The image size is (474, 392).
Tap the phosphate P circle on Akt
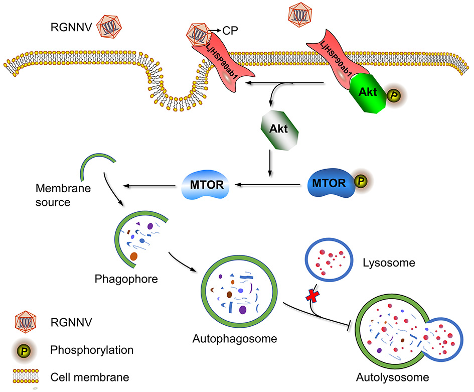click(x=393, y=94)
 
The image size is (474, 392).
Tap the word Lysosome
click(x=385, y=263)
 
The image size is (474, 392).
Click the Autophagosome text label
click(x=235, y=338)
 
